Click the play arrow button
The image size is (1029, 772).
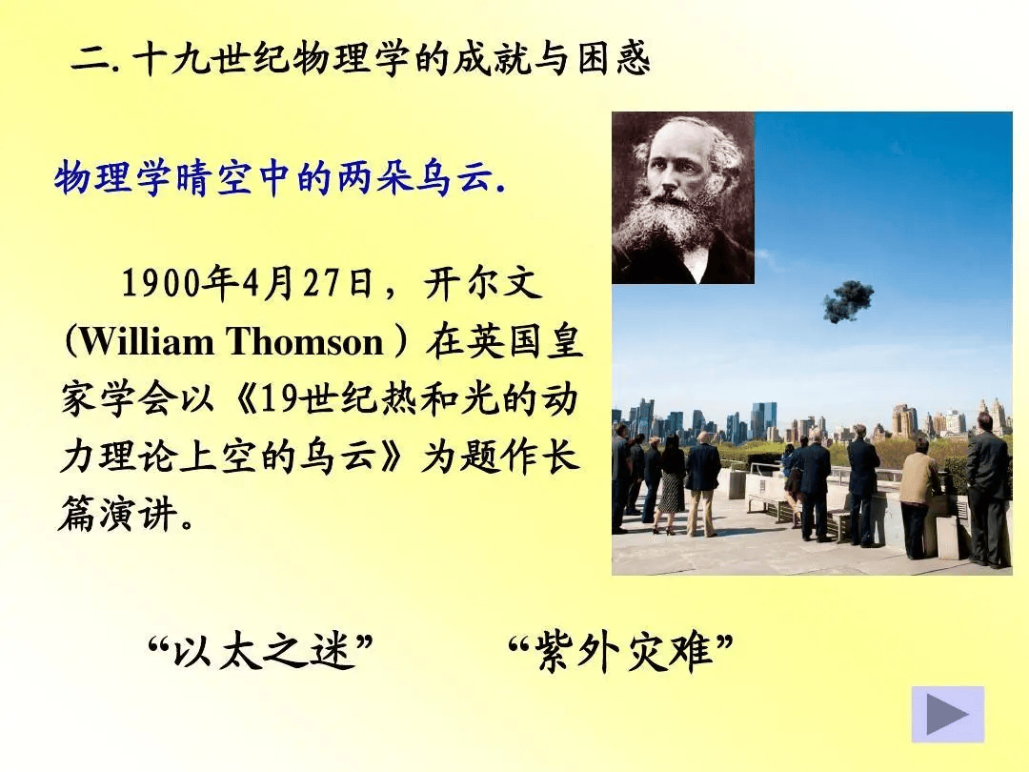[948, 714]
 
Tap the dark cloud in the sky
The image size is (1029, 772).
[849, 301]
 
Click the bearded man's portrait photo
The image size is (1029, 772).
[683, 197]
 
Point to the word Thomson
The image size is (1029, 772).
[306, 342]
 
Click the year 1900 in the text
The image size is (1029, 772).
[160, 284]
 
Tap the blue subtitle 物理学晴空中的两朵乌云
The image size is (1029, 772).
[279, 178]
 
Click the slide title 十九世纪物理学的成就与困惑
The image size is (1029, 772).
[392, 58]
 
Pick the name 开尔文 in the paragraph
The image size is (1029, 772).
[483, 284]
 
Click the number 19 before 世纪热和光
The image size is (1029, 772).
[282, 399]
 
